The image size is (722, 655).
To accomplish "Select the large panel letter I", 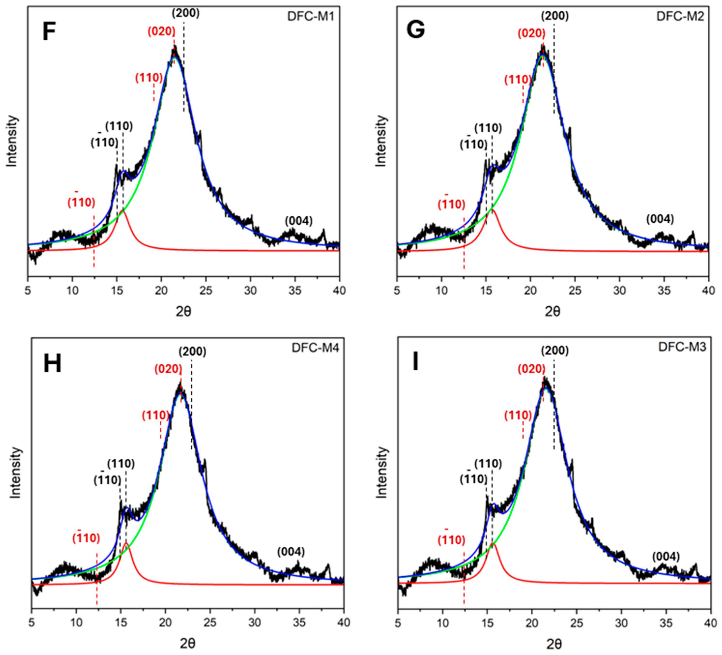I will coord(415,362).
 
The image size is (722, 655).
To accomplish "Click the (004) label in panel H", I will coord(291,552).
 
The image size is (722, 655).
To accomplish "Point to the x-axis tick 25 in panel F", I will coord(206,291).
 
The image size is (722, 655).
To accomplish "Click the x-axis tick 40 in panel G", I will coord(708,291).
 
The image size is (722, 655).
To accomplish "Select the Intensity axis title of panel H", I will coord(15,472).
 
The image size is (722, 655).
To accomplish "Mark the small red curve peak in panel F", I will coord(124,211).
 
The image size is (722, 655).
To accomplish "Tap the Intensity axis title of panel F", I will coord(12,141).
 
